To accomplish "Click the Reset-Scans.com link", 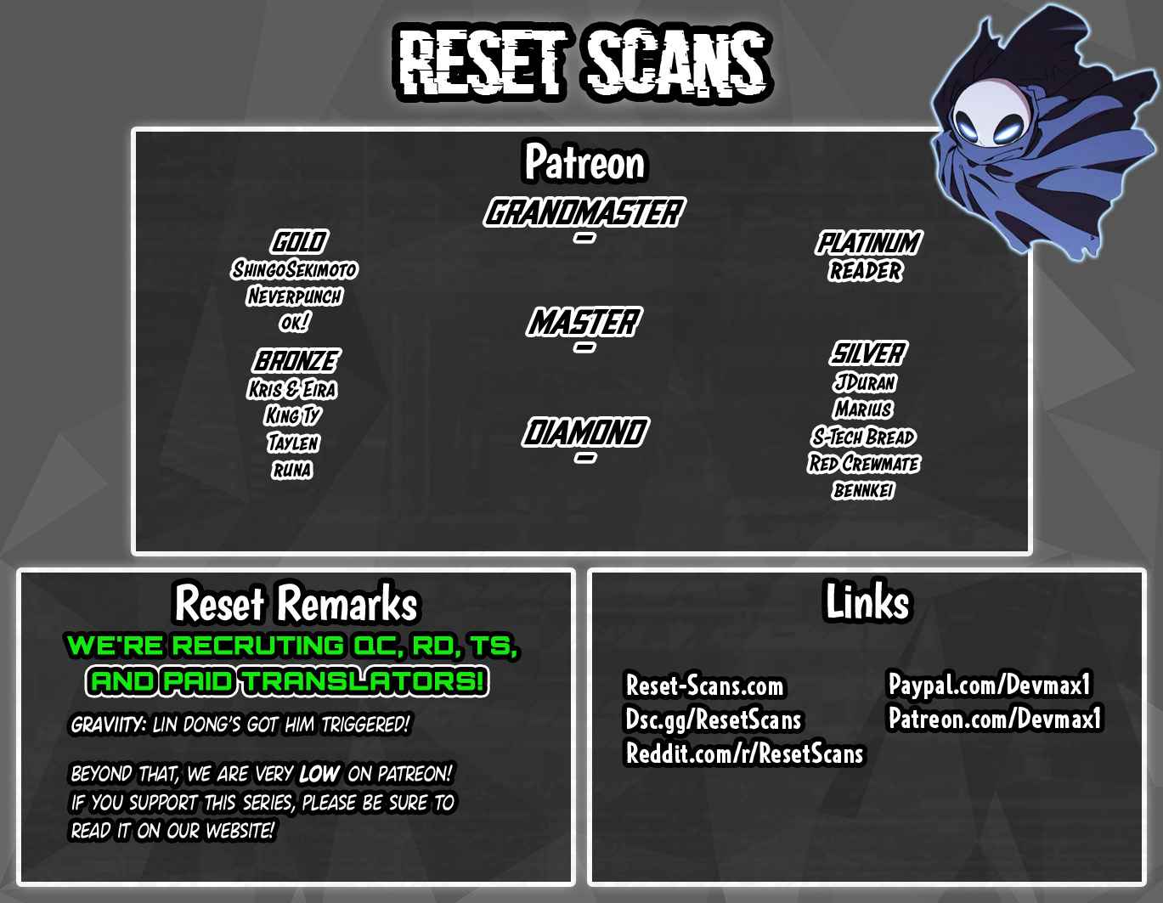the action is (704, 686).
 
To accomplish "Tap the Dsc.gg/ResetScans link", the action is (714, 720).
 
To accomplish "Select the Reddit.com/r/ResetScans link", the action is (744, 753).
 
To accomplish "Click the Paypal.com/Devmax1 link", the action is (989, 685).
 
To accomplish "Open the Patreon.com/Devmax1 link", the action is (995, 719).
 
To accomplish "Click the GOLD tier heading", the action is (299, 242).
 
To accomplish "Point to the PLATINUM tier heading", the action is (868, 243).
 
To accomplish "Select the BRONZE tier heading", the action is (296, 361).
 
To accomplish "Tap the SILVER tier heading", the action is (868, 353).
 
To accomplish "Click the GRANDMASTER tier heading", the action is (584, 212).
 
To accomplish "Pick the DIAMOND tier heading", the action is (585, 432).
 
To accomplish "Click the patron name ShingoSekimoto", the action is (295, 269).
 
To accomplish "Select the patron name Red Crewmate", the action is (864, 463).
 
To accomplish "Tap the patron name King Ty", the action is (293, 415).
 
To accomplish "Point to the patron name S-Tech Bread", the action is (863, 437).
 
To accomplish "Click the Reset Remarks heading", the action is (296, 603).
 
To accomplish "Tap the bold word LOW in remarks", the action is (319, 774).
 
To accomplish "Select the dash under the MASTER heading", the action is (584, 347).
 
